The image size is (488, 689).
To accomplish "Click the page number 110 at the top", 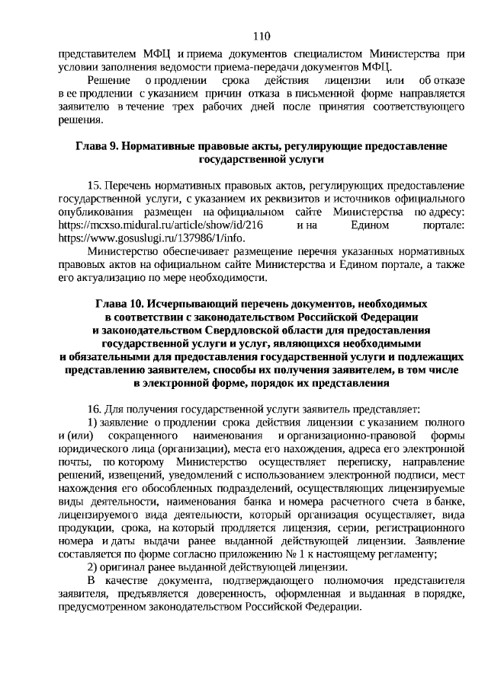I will (x=261, y=35).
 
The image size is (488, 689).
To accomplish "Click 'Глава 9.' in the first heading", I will (x=98, y=145).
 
